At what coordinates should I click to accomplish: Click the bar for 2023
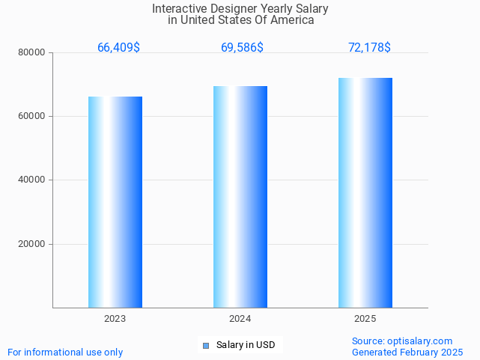115,202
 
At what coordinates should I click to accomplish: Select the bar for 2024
240,197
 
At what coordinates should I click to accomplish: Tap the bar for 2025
365,192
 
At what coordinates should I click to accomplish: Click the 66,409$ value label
118,48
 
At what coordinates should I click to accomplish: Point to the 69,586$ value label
242,48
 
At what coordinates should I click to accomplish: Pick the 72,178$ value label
369,48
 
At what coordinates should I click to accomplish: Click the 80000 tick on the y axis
32,52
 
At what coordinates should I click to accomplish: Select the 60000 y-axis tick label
32,116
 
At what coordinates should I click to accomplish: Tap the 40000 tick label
32,180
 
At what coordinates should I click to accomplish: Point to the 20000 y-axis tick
32,244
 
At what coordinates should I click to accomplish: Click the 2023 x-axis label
115,319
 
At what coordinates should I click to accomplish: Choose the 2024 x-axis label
240,319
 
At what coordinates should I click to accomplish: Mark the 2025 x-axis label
365,319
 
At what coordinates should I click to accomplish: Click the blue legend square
207,345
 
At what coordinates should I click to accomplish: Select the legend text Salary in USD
246,345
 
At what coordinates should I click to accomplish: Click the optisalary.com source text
402,341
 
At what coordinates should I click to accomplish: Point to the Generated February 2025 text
407,352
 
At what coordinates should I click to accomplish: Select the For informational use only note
65,352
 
